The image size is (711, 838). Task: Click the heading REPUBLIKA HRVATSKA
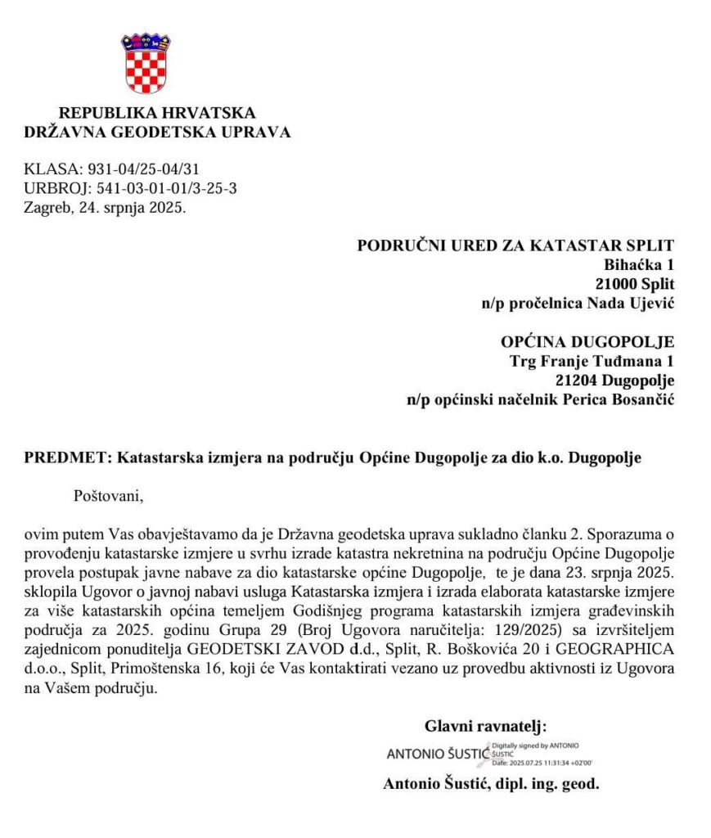157,113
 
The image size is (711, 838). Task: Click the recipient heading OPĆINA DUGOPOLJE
587,342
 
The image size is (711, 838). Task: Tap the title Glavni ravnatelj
485,725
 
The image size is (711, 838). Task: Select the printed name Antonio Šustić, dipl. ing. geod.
491,783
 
